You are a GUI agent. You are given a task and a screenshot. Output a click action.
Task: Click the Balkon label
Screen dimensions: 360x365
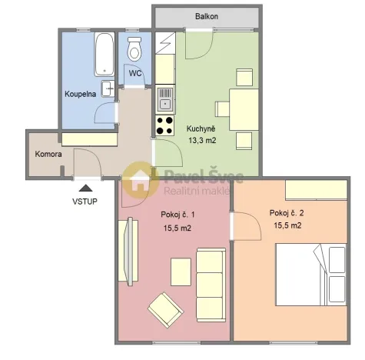206,15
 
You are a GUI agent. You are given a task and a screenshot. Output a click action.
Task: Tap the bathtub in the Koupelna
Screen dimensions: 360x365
104,54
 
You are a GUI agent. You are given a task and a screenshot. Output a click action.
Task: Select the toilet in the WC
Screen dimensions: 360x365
135,49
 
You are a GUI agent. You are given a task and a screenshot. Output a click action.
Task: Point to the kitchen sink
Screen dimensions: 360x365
164,97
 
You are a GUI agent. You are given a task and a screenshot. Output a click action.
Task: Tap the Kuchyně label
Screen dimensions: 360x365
202,128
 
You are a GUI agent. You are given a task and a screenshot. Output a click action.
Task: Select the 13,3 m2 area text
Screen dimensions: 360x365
202,140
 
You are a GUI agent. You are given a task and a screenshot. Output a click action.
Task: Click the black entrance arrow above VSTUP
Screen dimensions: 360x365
86,186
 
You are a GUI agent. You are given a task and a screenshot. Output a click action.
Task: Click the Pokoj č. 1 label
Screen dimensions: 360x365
177,215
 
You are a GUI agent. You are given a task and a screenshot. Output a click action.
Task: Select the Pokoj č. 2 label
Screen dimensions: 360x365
286,213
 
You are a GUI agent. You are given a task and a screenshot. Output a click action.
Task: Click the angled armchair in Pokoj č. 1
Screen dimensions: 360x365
165,310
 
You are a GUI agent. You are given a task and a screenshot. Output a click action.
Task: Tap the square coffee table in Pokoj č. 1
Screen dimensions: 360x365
181,271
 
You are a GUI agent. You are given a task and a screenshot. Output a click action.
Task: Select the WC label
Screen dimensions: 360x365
135,74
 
